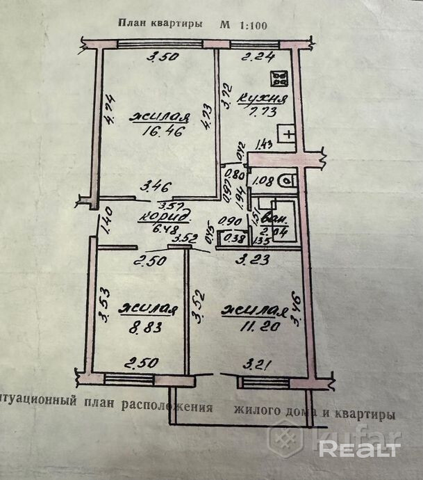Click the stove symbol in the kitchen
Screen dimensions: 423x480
281,79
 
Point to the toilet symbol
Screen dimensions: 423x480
287,181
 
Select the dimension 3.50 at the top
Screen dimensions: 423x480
160,58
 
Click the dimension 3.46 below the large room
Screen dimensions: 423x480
156,186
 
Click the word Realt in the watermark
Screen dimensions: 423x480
359,449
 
